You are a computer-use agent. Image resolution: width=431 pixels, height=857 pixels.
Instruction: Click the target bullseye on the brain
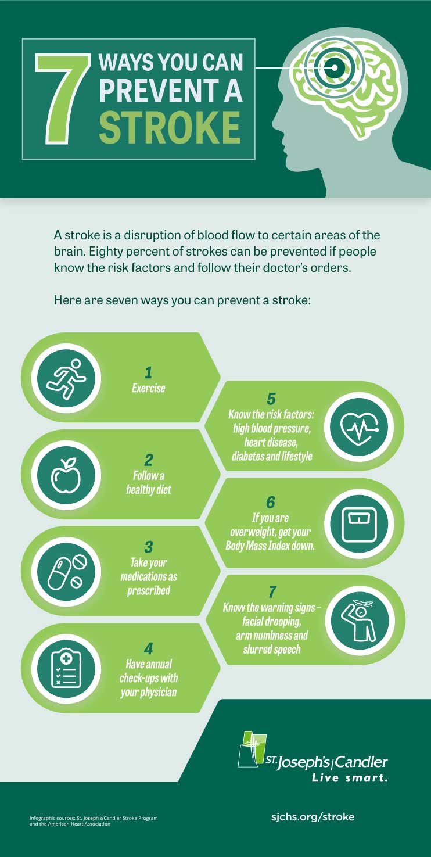tap(334, 69)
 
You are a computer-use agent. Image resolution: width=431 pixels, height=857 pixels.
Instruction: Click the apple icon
tap(66, 475)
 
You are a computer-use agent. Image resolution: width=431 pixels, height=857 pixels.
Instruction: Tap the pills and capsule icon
tap(66, 572)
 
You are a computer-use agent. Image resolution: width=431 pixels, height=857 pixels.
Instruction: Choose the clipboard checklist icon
tap(66, 669)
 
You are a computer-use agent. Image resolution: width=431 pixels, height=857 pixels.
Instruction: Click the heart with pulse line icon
tap(359, 428)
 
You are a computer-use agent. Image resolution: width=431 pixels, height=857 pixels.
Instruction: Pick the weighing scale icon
tap(359, 523)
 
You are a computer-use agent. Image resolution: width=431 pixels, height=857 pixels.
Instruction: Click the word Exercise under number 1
tap(148, 388)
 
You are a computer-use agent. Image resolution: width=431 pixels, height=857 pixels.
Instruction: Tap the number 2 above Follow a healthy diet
tap(148, 460)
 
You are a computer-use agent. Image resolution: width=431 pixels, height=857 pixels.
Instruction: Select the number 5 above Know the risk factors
tap(271, 399)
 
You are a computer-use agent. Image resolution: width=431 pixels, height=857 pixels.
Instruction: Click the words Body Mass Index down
tap(270, 546)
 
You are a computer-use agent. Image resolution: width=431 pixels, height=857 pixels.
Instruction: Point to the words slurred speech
tap(272, 649)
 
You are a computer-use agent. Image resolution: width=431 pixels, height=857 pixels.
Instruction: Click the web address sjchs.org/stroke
tap(313, 817)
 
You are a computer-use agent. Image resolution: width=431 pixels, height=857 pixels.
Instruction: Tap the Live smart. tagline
tap(350, 778)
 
